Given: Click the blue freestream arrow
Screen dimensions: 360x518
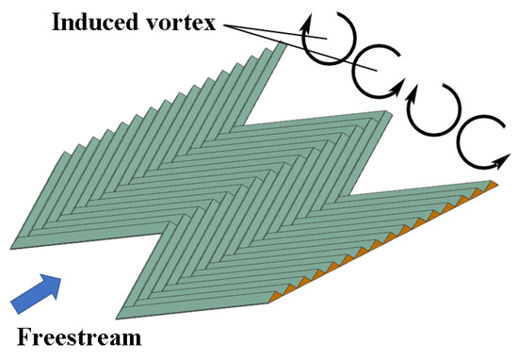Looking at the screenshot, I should pos(32,292).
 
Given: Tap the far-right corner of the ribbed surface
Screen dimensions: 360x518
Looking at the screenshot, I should pos(494,180).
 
